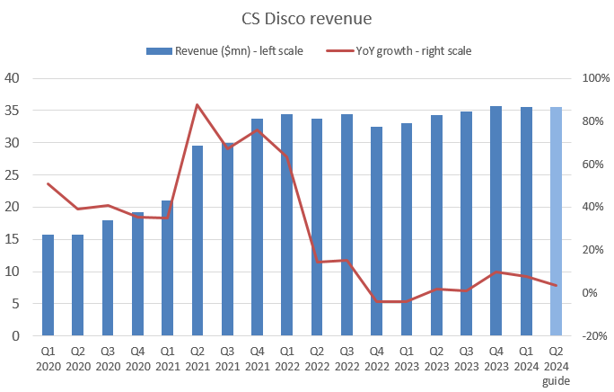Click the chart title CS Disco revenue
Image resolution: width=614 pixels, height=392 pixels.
tap(307, 19)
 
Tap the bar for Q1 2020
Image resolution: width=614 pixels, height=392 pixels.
tap(48, 285)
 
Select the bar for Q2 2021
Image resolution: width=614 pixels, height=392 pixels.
tap(197, 241)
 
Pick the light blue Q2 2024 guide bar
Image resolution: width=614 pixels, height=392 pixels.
tap(556, 221)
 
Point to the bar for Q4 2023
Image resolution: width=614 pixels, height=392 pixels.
tap(496, 221)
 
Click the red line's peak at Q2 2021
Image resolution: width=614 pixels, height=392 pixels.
tap(197, 105)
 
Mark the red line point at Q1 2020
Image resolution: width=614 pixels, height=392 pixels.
tap(48, 184)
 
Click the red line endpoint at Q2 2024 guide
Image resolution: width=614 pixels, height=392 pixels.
tap(556, 286)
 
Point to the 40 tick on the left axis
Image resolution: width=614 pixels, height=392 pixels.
tap(14, 78)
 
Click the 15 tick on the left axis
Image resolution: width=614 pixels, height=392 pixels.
tap(14, 239)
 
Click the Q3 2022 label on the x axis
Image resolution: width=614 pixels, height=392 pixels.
tap(346, 358)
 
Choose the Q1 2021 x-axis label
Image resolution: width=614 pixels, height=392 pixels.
tap(168, 358)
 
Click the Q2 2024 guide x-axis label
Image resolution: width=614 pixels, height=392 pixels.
tap(556, 363)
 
